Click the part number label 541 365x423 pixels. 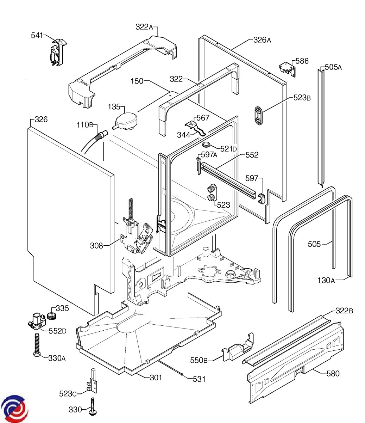tap(37, 35)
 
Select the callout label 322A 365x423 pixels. tap(144, 27)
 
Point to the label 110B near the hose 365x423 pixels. tap(85, 124)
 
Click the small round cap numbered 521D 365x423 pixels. tap(206, 145)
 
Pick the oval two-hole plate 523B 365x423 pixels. tap(258, 116)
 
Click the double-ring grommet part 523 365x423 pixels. tap(212, 193)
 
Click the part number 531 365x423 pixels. tap(199, 379)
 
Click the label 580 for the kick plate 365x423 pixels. tap(333, 373)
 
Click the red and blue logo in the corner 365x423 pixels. tap(13, 409)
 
